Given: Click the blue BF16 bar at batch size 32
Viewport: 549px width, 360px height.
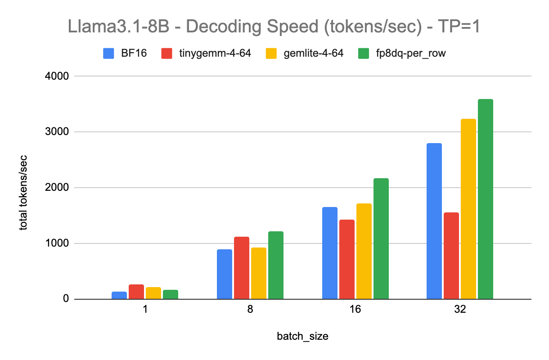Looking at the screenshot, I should click(434, 221).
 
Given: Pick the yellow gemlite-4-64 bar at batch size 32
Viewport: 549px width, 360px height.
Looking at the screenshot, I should click(468, 209).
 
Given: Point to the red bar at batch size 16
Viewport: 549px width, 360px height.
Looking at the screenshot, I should click(347, 259).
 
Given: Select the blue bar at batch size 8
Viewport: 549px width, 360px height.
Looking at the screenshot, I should click(225, 274).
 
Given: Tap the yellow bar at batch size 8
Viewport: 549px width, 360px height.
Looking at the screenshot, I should click(259, 273).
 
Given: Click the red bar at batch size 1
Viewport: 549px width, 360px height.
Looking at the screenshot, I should click(136, 292).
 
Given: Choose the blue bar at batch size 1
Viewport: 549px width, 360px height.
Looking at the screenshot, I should click(119, 295).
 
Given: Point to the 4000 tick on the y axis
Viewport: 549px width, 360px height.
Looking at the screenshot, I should click(59, 76).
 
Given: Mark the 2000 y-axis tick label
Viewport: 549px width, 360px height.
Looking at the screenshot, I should click(59, 188).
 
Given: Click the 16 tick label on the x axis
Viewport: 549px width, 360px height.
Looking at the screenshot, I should click(355, 310).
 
